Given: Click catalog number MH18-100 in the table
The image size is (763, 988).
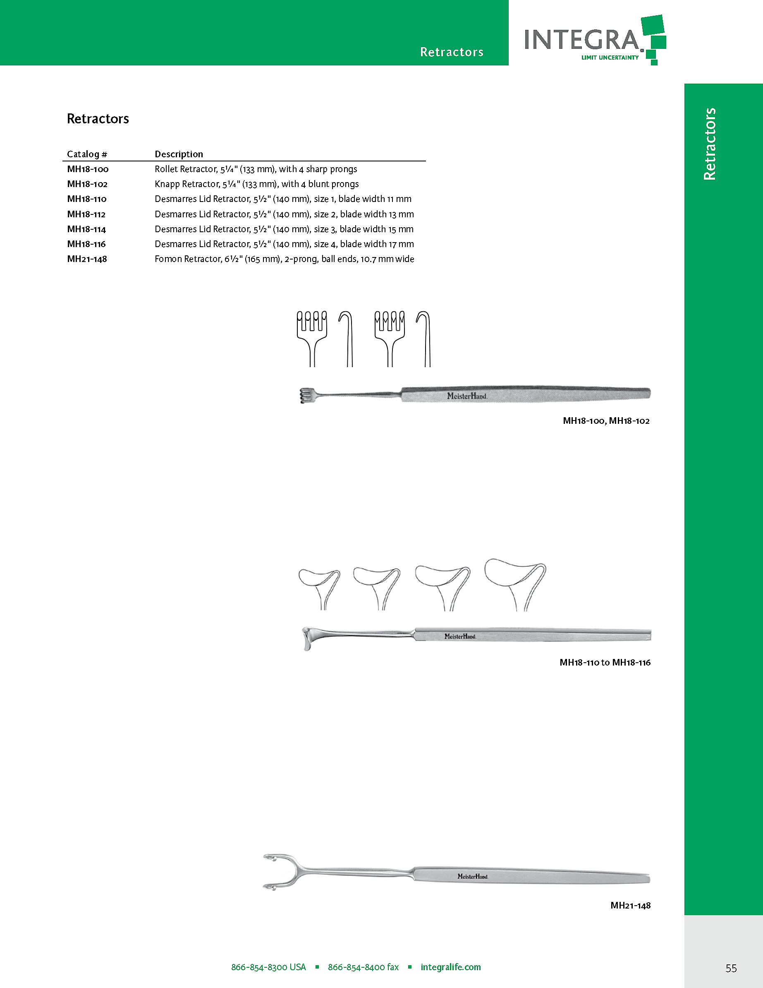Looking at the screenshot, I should tap(88, 169).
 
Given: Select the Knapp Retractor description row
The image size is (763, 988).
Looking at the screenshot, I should tap(256, 184).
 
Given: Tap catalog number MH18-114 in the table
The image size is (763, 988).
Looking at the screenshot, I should tap(86, 229).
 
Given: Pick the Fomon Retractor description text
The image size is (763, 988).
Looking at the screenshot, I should tap(284, 259).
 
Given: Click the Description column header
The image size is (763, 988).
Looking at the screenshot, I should tap(179, 154).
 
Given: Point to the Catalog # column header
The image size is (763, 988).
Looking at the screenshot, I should tap(87, 154).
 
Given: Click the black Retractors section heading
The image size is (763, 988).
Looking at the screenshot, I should tap(98, 119).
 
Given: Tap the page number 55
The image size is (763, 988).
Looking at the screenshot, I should tap(731, 968).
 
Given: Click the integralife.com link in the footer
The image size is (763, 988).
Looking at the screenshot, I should tap(450, 967).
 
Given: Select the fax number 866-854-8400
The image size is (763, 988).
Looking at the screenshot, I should tap(363, 967).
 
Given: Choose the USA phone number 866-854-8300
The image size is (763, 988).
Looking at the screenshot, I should tap(268, 967).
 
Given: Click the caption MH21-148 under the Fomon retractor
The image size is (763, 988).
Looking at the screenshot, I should tap(630, 905).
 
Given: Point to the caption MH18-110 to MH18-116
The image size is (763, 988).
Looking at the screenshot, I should tap(605, 662).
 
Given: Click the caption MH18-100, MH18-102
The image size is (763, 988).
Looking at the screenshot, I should tap(606, 421).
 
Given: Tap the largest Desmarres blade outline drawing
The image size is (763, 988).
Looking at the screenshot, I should tap(515, 584).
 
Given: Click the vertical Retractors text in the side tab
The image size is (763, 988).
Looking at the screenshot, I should tap(710, 144).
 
